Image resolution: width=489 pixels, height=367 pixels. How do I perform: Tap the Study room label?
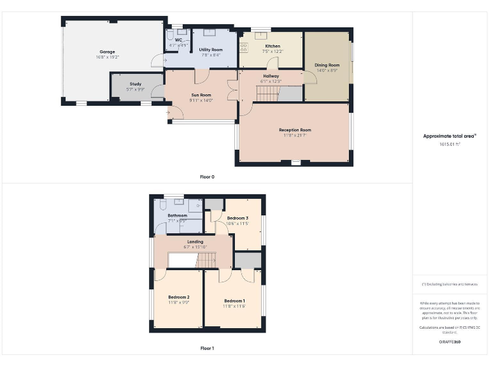tap(135, 84)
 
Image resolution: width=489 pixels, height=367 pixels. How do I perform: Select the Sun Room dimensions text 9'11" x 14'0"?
tap(201, 101)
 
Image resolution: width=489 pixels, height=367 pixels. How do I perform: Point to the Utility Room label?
tap(210, 49)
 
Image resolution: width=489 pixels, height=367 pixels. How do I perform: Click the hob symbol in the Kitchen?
tap(243, 47)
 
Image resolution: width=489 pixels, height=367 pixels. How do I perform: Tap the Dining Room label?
tap(327, 65)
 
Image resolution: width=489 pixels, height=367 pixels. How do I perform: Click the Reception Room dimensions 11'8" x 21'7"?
tap(295, 135)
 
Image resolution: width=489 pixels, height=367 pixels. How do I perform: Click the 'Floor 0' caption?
tap(207, 176)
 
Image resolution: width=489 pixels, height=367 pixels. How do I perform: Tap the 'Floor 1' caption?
tap(207, 349)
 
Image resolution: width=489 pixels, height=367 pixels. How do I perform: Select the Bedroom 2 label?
tap(179, 297)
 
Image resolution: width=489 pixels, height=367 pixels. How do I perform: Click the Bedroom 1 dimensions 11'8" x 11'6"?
tap(234, 306)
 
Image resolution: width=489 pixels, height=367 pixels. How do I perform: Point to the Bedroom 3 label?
tap(237, 218)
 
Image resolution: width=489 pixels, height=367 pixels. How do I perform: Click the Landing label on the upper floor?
tap(195, 241)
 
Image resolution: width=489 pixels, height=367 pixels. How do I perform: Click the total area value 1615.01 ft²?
tap(450, 145)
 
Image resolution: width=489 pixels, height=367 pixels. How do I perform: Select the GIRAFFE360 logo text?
tap(450, 342)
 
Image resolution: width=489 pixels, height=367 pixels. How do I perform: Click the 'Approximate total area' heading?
tap(450, 136)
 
